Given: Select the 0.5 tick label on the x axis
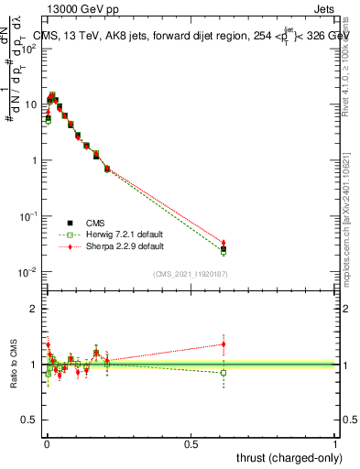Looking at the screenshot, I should coord(191,443).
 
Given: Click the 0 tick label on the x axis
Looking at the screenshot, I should coord(46,443).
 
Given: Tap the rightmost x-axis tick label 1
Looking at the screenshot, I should coord(335,443).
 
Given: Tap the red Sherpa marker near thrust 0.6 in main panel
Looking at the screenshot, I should coord(224,243).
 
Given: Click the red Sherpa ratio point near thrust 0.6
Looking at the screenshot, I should coord(224,344).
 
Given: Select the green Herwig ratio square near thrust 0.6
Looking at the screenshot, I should coord(224,372).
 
